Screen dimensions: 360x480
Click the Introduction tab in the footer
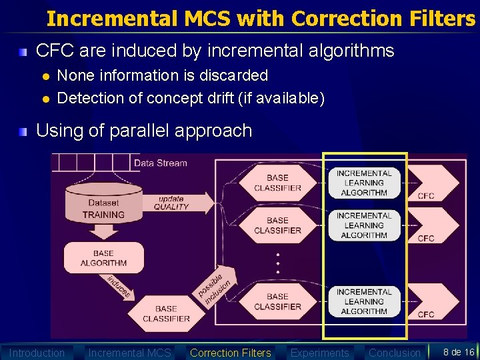tap(37, 353)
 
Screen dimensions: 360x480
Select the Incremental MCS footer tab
tap(129, 353)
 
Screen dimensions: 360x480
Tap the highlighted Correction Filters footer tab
tap(230, 353)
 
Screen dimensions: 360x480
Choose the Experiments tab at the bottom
tap(319, 353)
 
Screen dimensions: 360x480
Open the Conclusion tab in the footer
tap(395, 353)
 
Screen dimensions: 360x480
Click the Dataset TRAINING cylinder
tap(103, 207)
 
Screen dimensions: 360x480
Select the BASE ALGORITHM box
tap(103, 258)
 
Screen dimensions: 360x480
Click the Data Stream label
tap(160, 163)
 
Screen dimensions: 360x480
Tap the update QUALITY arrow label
tap(171, 202)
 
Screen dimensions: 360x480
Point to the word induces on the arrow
tap(119, 287)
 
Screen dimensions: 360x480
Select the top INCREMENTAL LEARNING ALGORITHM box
tap(364, 183)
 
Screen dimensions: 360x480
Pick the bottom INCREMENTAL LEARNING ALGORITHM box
tap(364, 301)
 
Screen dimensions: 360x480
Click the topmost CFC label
tap(425, 196)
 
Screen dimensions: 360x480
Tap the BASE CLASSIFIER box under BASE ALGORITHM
tap(166, 313)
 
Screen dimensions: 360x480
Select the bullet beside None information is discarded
tap(45, 76)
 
